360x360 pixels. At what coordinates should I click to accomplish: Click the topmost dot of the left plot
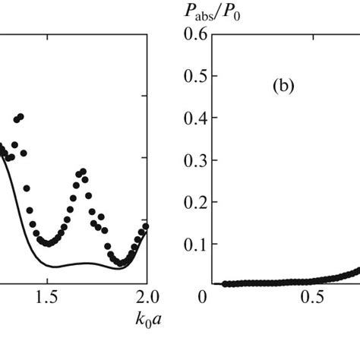(21, 116)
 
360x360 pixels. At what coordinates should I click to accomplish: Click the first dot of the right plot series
(225, 283)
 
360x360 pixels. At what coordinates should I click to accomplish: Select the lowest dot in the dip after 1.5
(48, 244)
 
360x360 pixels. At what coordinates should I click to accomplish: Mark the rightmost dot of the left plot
(146, 226)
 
